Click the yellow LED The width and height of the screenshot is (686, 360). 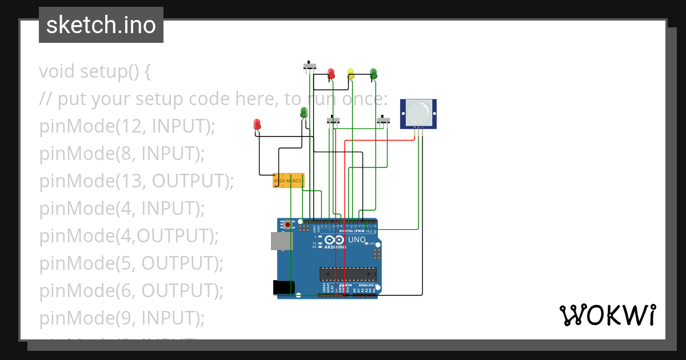(350, 73)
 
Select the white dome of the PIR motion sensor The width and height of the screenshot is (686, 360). (419, 111)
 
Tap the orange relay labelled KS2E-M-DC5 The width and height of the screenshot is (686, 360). (288, 181)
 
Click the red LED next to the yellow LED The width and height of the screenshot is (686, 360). (330, 74)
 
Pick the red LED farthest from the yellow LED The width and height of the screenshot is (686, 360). (257, 124)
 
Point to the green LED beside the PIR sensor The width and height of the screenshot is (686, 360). (373, 73)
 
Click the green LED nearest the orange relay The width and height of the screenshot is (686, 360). (304, 113)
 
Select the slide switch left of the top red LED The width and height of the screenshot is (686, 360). (309, 66)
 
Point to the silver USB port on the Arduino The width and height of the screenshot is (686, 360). (281, 241)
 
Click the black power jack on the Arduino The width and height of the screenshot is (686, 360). (283, 287)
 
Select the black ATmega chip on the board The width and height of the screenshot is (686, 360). (348, 274)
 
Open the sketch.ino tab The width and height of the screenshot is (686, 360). (101, 25)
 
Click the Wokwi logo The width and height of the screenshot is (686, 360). (607, 315)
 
